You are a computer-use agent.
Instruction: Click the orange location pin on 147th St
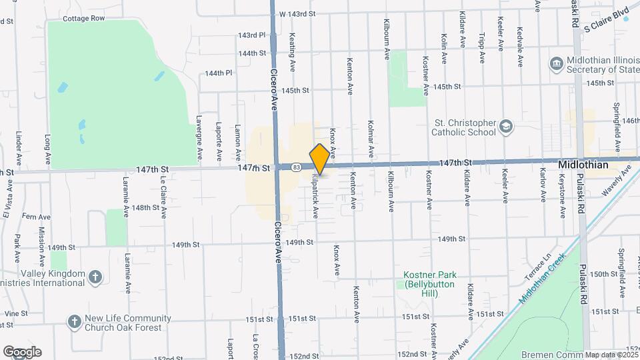[x=320, y=159]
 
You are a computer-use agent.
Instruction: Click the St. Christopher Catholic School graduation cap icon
[x=507, y=127]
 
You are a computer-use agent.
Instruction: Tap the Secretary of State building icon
[x=555, y=64]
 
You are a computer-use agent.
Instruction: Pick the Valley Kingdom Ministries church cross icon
[x=96, y=277]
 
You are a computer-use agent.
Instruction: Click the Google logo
[x=22, y=352]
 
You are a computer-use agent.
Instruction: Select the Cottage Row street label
[x=84, y=19]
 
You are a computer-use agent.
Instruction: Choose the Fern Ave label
[x=36, y=217]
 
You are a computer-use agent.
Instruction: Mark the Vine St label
[x=14, y=313]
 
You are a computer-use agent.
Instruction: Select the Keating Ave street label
[x=292, y=53]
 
